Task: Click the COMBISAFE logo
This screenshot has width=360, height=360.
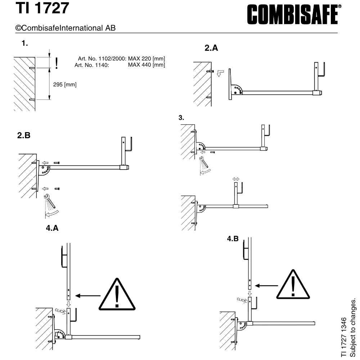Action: [294, 14]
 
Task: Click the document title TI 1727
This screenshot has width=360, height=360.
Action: [42, 8]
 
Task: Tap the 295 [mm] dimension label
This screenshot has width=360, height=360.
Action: [65, 85]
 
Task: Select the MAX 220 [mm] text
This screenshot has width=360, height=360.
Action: [147, 59]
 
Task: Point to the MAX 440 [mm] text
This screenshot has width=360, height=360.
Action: [147, 65]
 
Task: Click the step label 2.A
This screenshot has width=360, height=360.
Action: [211, 48]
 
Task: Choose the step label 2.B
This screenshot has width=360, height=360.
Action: [24, 135]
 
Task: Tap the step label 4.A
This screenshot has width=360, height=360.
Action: [52, 228]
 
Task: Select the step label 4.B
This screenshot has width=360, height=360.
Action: [233, 239]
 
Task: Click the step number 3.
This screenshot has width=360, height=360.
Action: [181, 118]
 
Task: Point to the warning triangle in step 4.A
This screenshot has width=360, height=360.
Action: [117, 294]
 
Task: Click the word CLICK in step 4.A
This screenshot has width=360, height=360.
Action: [60, 311]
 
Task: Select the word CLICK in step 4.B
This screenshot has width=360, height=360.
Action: [242, 300]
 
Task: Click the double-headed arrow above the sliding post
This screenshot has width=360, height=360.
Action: [236, 179]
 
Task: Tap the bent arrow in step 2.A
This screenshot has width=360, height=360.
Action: [220, 73]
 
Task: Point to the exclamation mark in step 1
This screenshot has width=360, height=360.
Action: [57, 63]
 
